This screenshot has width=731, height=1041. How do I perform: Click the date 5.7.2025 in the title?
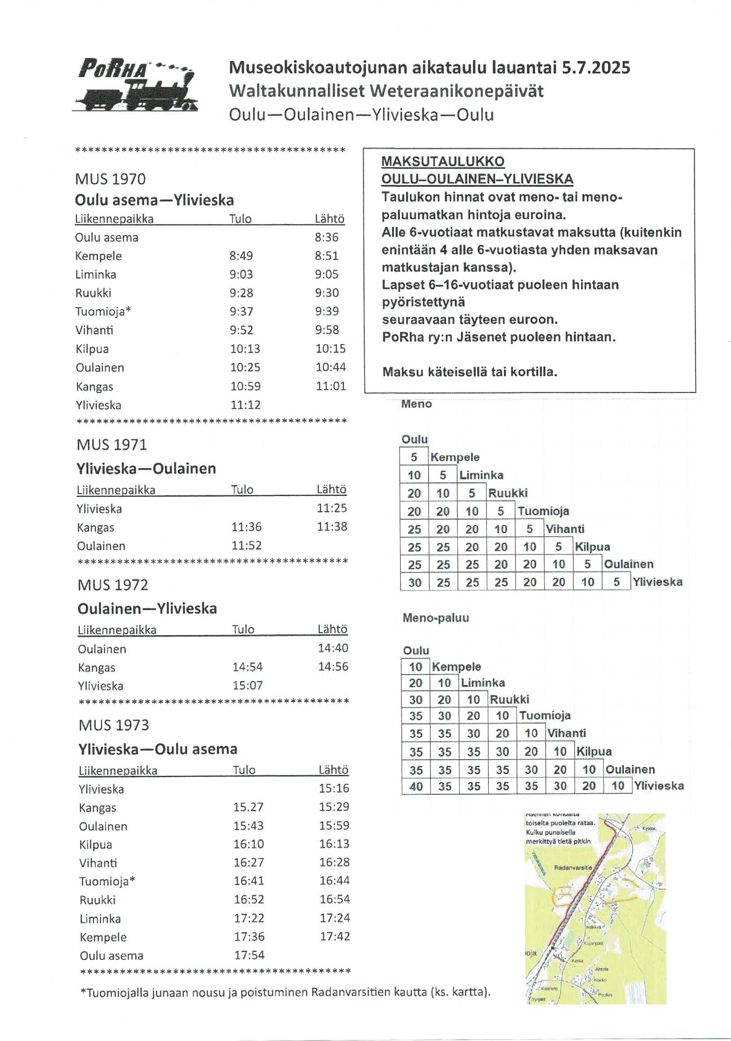point(595,68)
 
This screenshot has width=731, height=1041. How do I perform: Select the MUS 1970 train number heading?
point(110,179)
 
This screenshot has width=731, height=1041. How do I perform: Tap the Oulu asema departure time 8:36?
point(327,237)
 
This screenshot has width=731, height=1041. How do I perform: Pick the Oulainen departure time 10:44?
point(331,367)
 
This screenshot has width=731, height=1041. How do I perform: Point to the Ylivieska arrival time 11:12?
point(245,404)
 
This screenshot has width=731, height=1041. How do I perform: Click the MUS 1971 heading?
point(112,444)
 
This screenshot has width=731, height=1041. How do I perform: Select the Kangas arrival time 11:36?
point(246,527)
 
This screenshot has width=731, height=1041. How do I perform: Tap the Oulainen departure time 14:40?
point(333,648)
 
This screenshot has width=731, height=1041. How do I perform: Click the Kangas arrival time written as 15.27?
point(248,807)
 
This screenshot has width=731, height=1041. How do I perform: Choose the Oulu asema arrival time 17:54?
point(249,955)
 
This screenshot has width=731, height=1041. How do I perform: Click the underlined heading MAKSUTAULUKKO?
point(443,161)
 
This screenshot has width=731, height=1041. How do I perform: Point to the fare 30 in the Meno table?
point(414,583)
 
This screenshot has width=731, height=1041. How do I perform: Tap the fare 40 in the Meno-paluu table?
point(416,786)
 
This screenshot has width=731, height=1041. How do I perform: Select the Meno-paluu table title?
point(435,618)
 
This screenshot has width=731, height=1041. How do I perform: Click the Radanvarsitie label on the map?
point(573,868)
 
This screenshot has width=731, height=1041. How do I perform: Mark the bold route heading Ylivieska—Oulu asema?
point(157,749)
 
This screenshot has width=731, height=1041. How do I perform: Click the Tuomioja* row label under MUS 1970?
point(103,311)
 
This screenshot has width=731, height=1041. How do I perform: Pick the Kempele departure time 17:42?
point(335,936)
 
